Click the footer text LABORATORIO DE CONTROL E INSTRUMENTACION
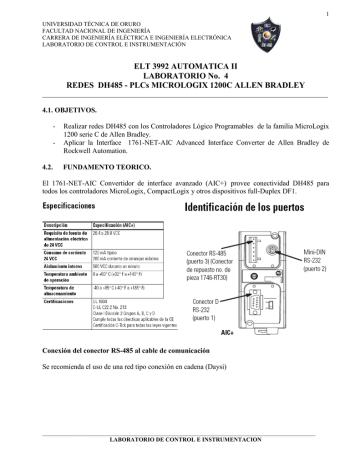[181, 440]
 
